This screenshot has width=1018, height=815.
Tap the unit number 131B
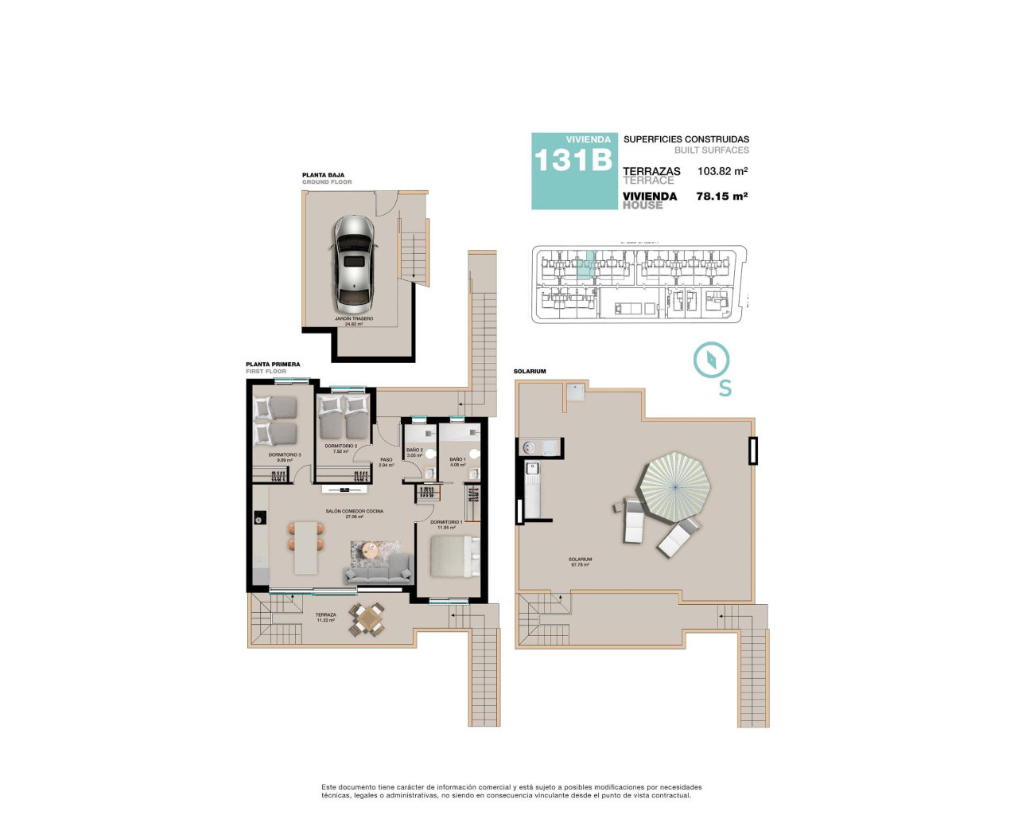click(573, 160)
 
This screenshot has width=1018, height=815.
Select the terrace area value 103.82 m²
click(722, 171)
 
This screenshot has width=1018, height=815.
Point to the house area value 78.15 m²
click(721, 196)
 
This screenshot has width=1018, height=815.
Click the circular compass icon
click(711, 360)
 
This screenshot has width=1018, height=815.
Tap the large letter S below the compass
click(725, 388)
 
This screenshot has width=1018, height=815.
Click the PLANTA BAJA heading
click(323, 175)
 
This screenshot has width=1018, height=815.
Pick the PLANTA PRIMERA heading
click(273, 365)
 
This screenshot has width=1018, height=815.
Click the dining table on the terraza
click(367, 619)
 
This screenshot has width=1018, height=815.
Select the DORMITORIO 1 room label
click(446, 523)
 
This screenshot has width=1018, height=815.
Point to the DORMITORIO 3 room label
click(285, 455)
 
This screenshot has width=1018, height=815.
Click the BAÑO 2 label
click(414, 451)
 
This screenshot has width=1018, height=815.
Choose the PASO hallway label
click(387, 460)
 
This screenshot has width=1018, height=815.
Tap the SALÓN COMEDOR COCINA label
click(354, 512)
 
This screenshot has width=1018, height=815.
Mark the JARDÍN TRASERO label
click(354, 319)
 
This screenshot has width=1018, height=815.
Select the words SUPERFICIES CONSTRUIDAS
click(686, 139)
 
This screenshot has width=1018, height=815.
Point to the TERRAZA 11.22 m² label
click(325, 616)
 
